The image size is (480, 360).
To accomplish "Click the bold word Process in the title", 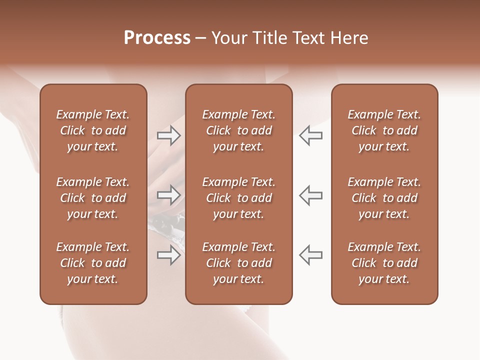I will tap(157, 38).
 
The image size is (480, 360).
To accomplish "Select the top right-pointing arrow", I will tap(168, 135).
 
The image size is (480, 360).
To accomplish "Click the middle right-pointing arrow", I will tap(168, 194).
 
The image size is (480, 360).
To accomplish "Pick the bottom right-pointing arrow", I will tap(168, 255).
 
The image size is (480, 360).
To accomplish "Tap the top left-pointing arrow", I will tap(310, 135).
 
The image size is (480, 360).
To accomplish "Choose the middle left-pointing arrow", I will tap(310, 194).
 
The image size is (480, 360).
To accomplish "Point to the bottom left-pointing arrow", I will tap(310, 255).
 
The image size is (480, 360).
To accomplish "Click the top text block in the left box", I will tap(93, 130).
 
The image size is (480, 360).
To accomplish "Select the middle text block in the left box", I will tap(93, 198).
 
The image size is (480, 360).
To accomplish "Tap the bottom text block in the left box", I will tap(93, 263).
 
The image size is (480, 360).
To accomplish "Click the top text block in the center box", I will tap(238, 130).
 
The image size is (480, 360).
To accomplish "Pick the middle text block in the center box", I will tap(238, 198).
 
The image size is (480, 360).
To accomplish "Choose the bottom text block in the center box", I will tap(238, 263).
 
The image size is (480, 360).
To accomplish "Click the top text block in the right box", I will tap(384, 130).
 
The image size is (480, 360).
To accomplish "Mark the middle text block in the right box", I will tap(384, 198).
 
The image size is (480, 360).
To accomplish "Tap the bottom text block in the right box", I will tap(384, 263).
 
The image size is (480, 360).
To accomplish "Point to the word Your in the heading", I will tap(228, 38).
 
